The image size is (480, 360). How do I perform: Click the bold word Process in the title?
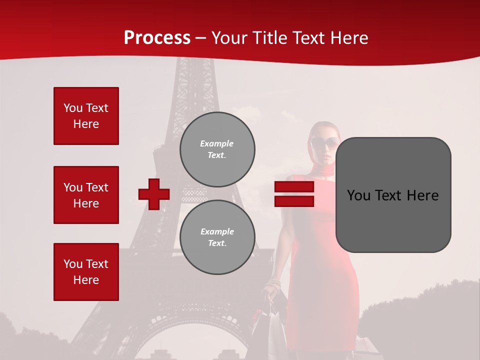coord(157,38)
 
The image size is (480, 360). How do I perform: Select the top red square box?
coord(86,116)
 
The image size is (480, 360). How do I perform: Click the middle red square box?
coord(86,195)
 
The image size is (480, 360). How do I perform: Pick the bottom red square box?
coord(86,272)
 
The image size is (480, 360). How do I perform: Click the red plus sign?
coord(154,194)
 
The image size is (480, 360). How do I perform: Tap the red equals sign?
coord(294,194)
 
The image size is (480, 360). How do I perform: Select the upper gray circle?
coord(217,149)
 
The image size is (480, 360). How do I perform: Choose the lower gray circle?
coord(217,237)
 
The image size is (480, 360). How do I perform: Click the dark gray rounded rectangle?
coord(393,195)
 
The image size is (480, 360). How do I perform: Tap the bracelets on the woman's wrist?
coord(274,285)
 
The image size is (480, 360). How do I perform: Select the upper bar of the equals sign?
coord(294,187)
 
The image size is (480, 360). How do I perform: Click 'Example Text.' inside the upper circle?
coord(217,149)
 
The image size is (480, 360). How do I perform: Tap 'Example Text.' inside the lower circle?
coord(217,237)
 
